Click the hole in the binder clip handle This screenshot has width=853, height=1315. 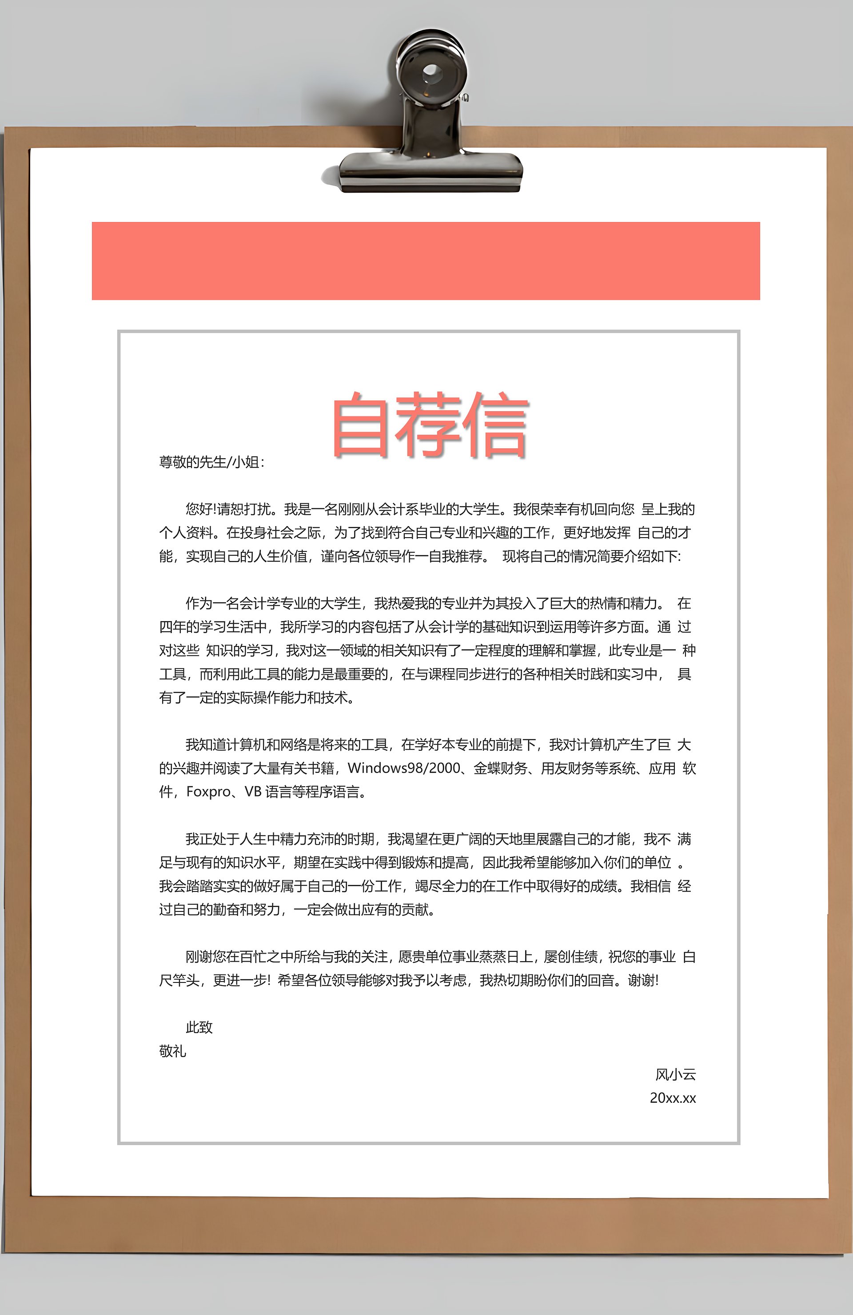tap(431, 72)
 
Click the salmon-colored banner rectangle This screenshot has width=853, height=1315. tap(426, 261)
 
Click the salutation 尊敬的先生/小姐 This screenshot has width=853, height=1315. tap(211, 462)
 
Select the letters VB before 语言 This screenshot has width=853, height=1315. tap(253, 792)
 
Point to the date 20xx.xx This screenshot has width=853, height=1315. tap(672, 1098)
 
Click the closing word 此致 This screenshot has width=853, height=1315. tap(199, 1027)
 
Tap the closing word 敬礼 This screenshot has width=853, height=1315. tap(172, 1051)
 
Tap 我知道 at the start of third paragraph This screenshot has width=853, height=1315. tap(205, 745)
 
